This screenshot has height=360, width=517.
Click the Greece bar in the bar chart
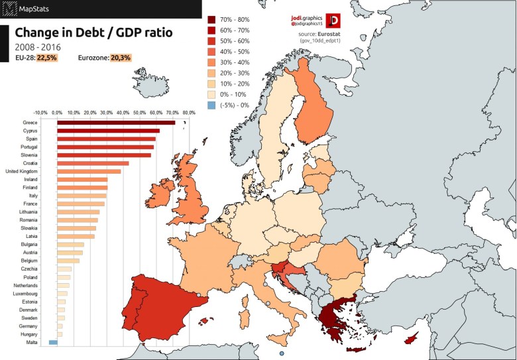[116, 123]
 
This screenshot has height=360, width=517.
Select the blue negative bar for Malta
[53, 343]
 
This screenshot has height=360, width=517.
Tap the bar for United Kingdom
[89, 172]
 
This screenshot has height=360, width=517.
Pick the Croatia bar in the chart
[93, 163]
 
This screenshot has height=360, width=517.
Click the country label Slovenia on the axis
[28, 155]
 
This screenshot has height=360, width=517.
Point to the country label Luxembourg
[25, 294]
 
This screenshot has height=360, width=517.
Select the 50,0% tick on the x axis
[139, 113]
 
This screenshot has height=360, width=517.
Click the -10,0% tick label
[41, 113]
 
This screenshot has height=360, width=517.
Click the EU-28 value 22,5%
[47, 58]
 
